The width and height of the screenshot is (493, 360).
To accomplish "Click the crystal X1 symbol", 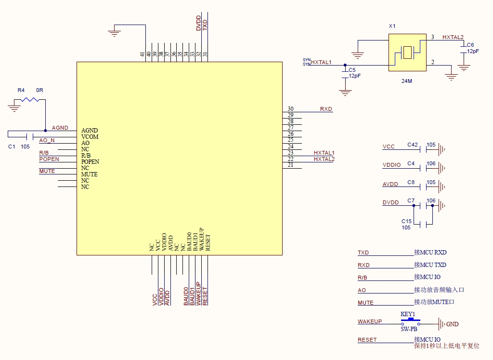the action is (x=407, y=53).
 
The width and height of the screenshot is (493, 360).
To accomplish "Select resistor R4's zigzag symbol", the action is (x=30, y=99).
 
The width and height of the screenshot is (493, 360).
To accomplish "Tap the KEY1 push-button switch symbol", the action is (x=410, y=321).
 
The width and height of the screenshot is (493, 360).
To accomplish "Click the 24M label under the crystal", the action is (x=406, y=81).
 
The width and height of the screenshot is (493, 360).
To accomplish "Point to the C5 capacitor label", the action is (x=352, y=70).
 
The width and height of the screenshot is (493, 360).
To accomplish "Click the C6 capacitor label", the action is (x=470, y=45).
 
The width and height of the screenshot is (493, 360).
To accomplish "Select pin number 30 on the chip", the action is (x=290, y=108).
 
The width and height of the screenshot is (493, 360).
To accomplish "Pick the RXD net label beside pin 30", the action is (x=326, y=109).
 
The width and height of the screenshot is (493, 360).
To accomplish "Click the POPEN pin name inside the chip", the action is (x=90, y=162).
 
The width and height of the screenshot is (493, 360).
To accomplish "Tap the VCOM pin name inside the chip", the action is (x=90, y=136).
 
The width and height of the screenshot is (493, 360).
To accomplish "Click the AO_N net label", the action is (x=47, y=140).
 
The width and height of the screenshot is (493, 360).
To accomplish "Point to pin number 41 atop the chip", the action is (x=143, y=54).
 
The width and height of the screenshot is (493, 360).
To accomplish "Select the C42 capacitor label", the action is (x=413, y=145).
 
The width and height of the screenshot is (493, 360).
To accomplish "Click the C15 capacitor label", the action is (x=406, y=221).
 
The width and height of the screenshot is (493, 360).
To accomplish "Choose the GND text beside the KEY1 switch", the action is (x=453, y=324).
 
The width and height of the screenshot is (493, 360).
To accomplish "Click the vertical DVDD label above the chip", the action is (x=198, y=23).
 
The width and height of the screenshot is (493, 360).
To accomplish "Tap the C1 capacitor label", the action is (x=12, y=147).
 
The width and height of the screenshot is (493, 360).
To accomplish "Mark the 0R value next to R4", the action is (x=39, y=90).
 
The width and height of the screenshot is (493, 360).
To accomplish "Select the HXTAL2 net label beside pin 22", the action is (x=324, y=159).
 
